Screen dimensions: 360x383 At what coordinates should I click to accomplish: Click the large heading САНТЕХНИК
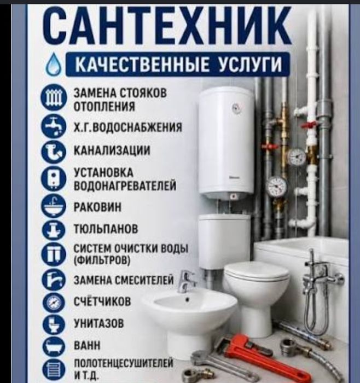pos(167,26)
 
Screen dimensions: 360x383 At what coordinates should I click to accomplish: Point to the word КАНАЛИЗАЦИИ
pos(112,150)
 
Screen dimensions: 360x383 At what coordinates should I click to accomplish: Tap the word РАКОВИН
pos(97,207)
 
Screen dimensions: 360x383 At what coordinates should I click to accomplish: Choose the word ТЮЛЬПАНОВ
pos(106,229)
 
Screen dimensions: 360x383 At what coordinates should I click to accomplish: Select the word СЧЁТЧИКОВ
pos(102,301)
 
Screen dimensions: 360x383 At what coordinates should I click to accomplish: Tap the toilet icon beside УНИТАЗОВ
pos(54,324)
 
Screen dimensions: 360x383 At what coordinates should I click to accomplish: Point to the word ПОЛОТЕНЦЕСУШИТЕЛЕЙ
pos(123,363)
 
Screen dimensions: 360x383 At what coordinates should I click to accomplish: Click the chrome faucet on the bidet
pos(187,282)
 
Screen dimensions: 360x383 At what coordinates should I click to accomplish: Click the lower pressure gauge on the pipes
pos(277,187)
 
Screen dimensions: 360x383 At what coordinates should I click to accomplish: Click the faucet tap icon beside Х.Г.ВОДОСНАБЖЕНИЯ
pos(54,125)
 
